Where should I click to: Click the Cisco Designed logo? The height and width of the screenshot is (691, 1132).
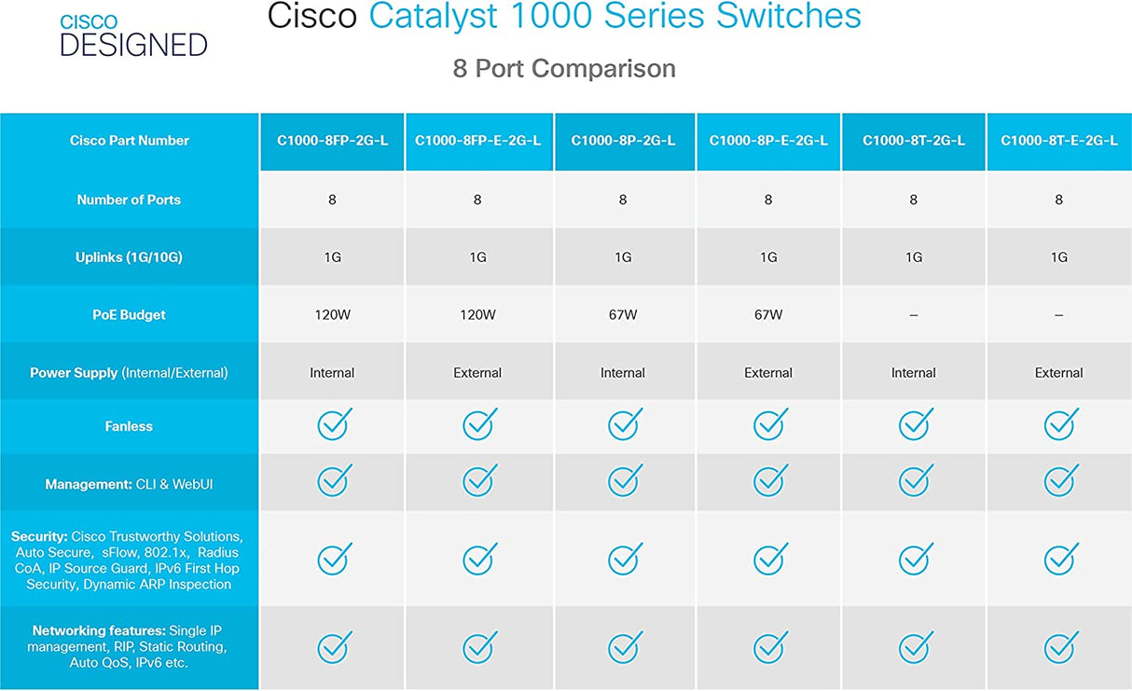(x=133, y=35)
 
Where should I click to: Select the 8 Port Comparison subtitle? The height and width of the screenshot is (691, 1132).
(x=564, y=68)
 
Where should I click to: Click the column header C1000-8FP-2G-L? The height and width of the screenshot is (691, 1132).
(x=332, y=141)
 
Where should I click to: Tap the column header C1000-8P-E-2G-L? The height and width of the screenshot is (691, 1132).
(x=768, y=141)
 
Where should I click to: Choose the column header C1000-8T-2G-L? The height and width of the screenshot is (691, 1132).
(x=914, y=141)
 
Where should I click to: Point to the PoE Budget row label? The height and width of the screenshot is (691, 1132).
(x=129, y=315)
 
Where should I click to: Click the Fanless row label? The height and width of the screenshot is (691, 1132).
(x=129, y=426)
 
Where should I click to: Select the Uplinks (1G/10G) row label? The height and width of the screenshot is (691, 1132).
(x=129, y=257)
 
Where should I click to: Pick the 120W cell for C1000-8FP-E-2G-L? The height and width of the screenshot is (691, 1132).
(x=477, y=315)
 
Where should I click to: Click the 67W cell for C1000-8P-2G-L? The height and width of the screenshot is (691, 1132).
(x=623, y=315)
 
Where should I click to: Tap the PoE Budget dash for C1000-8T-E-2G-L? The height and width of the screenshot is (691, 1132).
(x=1058, y=316)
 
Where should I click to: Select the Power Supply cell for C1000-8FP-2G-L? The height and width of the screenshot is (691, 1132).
(x=332, y=373)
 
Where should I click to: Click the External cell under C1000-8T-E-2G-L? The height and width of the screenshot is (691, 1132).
(x=1058, y=373)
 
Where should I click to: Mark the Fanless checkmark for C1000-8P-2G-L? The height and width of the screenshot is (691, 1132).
(x=624, y=424)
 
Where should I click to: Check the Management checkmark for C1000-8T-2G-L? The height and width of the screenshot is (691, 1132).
(x=915, y=481)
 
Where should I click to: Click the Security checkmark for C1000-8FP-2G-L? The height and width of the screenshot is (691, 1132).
(x=333, y=559)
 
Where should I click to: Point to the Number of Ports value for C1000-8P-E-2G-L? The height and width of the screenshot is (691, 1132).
(x=768, y=200)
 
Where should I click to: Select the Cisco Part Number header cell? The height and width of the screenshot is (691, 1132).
(x=129, y=141)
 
